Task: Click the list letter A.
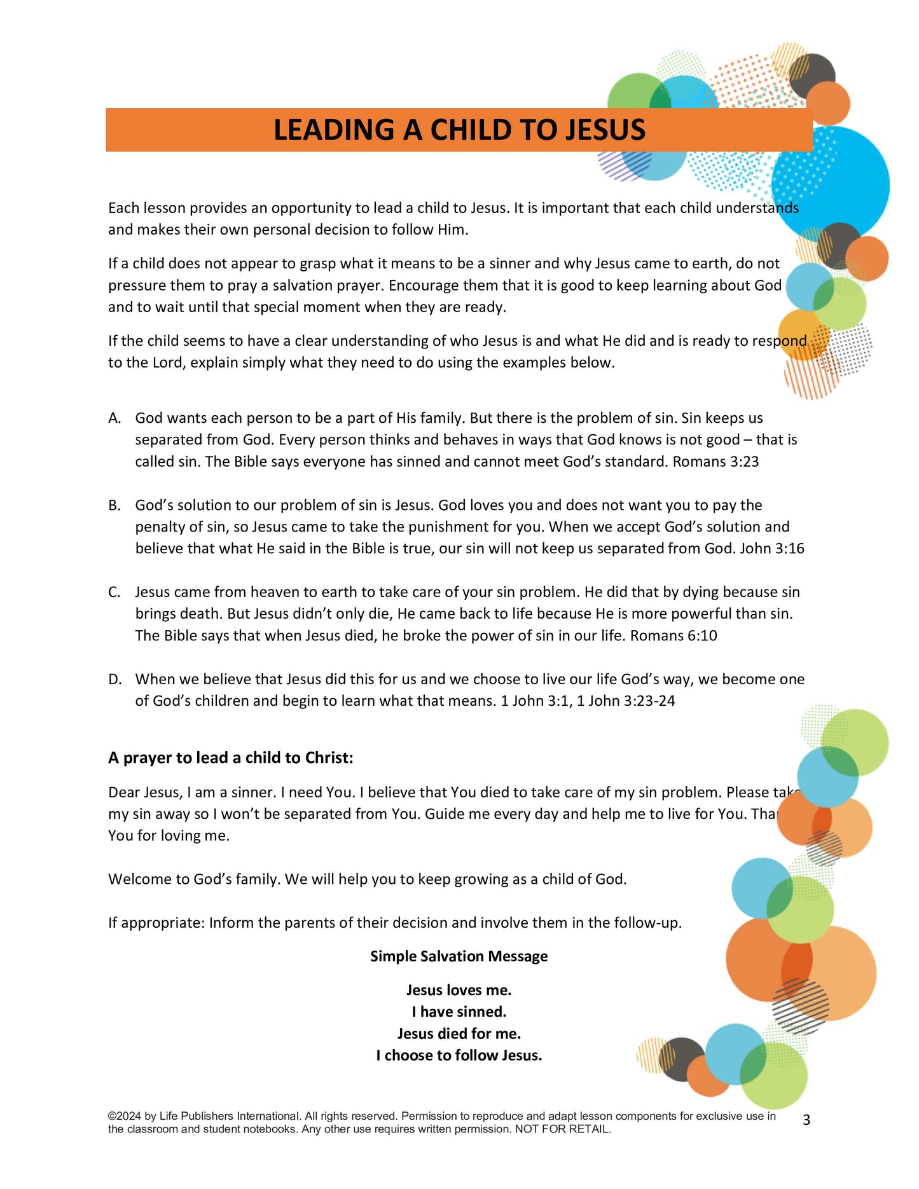(x=114, y=418)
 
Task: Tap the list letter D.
(x=115, y=680)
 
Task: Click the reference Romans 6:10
(x=674, y=636)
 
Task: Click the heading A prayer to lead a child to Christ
(x=230, y=758)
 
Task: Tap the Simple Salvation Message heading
(x=459, y=956)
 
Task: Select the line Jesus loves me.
(x=459, y=990)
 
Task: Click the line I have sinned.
(x=459, y=1012)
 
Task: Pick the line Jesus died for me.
(x=459, y=1034)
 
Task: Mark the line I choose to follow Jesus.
(x=459, y=1055)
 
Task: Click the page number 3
(x=806, y=1120)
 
